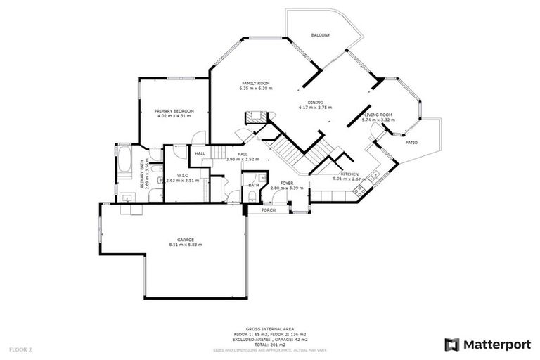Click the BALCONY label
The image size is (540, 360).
click(321, 35)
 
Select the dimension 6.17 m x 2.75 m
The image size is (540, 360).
click(315, 108)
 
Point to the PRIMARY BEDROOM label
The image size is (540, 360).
click(174, 111)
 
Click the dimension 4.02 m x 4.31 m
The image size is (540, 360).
click(174, 116)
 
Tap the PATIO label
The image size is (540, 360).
click(411, 143)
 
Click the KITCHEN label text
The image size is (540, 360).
click(350, 174)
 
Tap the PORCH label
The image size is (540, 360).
click(268, 210)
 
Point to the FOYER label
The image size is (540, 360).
click(286, 183)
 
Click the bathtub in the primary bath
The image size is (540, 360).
click(124, 160)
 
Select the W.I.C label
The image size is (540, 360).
click(181, 175)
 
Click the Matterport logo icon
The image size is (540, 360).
click(452, 345)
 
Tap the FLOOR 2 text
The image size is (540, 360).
click(20, 349)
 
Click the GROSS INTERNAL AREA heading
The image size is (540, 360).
click(269, 328)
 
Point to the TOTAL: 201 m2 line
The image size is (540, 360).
click(269, 345)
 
